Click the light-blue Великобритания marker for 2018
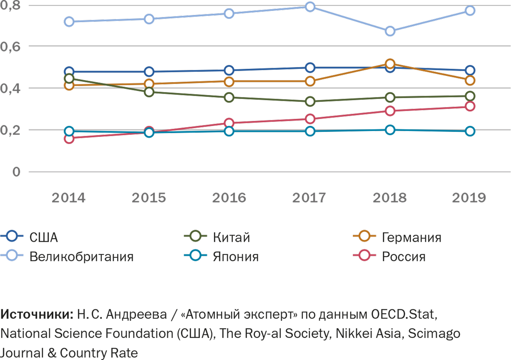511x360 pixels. point(390,31)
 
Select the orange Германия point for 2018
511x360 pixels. point(390,64)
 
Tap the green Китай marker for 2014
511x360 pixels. point(69,79)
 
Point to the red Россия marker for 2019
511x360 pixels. point(470,106)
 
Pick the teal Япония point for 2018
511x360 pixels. point(390,130)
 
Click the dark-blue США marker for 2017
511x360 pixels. point(310,67)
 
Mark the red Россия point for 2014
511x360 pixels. point(69,139)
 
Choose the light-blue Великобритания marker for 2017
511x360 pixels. point(310,7)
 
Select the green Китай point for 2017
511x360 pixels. point(310,101)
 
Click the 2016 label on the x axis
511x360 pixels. point(229,198)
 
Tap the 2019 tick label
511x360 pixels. point(469,198)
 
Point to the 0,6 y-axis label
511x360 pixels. point(10,47)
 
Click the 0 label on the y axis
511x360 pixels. point(16,172)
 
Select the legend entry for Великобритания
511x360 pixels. point(81,257)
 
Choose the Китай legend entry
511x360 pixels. point(231,237)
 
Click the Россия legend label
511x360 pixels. point(404,257)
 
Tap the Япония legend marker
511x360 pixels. point(196,255)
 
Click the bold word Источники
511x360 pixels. point(37,314)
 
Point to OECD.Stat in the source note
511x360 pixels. point(403,314)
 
